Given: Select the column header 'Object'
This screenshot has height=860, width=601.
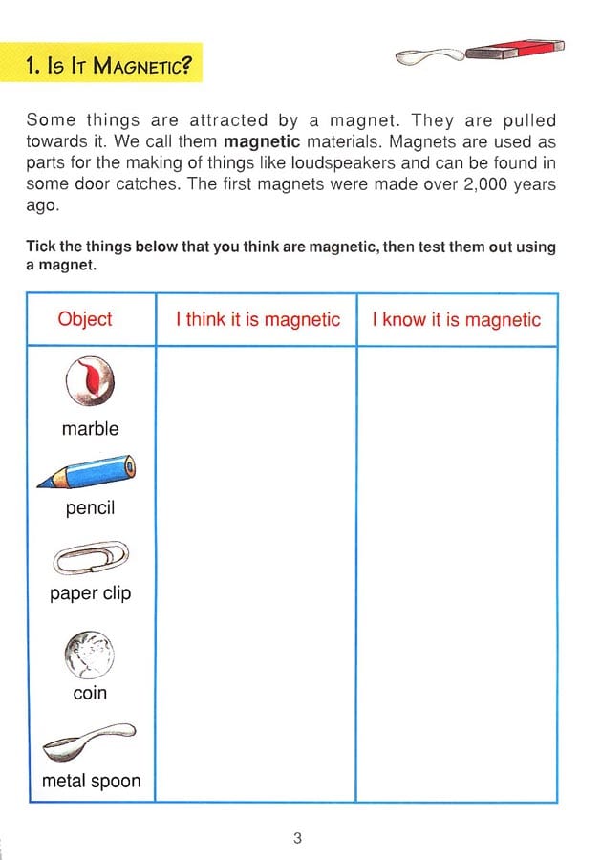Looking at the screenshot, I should (x=85, y=320).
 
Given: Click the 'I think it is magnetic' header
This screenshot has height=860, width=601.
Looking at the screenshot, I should (x=257, y=320).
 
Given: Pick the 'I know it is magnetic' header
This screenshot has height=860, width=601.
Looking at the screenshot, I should (x=457, y=320).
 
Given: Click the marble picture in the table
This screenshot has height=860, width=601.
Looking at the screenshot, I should (x=90, y=381).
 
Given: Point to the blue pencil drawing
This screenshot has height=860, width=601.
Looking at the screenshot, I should (x=87, y=473).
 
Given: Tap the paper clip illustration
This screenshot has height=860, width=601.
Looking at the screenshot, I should (x=91, y=557).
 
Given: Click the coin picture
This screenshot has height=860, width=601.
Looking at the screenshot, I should (x=90, y=655).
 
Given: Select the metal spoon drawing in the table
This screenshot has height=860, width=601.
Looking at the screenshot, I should (x=90, y=742).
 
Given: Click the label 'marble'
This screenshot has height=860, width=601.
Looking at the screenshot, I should (x=91, y=429).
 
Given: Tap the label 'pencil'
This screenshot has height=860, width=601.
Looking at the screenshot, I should (x=90, y=508).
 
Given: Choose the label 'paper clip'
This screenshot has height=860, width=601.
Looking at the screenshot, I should (x=91, y=593).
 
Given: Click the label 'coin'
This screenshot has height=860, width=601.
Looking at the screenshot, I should (x=90, y=693).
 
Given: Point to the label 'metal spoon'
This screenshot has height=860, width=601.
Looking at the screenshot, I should (x=91, y=781).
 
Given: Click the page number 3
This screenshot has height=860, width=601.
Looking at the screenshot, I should (x=297, y=839).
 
